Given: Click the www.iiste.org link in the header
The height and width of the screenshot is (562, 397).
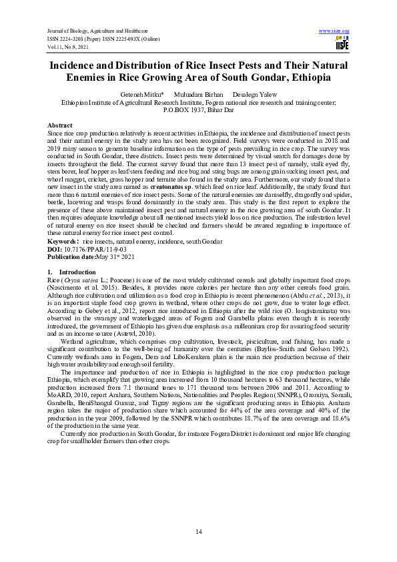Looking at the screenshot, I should pyautogui.click(x=335, y=31).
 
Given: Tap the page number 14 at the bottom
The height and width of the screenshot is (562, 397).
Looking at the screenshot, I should pyautogui.click(x=198, y=531).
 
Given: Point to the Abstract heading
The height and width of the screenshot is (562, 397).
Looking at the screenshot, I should pyautogui.click(x=59, y=125).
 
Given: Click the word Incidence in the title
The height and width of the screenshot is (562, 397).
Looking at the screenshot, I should pyautogui.click(x=76, y=65).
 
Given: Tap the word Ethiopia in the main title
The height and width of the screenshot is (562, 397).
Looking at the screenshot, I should pyautogui.click(x=322, y=77).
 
